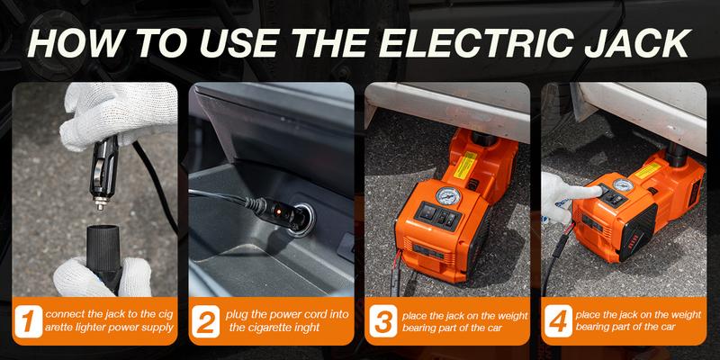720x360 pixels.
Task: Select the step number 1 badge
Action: (x=31, y=322)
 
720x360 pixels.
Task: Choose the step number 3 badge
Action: (x=382, y=322)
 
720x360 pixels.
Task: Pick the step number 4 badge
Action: (x=559, y=322)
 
